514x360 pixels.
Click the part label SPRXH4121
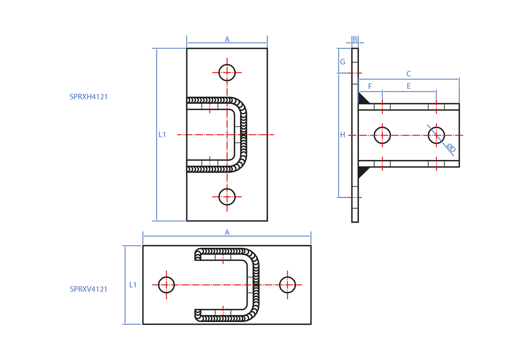point(88,96)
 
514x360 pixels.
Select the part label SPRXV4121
point(88,289)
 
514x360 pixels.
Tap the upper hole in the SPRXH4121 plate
point(227,73)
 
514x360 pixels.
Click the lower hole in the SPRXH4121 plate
point(227,196)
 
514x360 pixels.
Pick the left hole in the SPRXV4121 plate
point(166,284)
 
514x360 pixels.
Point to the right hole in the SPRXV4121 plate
point(287,284)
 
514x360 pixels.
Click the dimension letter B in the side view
point(355,39)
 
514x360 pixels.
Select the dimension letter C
point(409,74)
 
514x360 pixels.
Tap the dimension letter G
point(342,62)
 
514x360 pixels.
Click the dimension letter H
point(342,135)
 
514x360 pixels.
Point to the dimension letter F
point(370,86)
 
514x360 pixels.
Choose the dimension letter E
point(409,86)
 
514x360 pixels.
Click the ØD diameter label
point(450,149)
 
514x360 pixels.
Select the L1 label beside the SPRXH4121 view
point(162,135)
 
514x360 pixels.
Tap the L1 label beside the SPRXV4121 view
point(133,284)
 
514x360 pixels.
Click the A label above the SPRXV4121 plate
point(227,232)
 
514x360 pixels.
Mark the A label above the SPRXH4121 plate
point(227,39)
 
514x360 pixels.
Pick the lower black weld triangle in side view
point(363,171)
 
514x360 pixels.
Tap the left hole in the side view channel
point(382,135)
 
